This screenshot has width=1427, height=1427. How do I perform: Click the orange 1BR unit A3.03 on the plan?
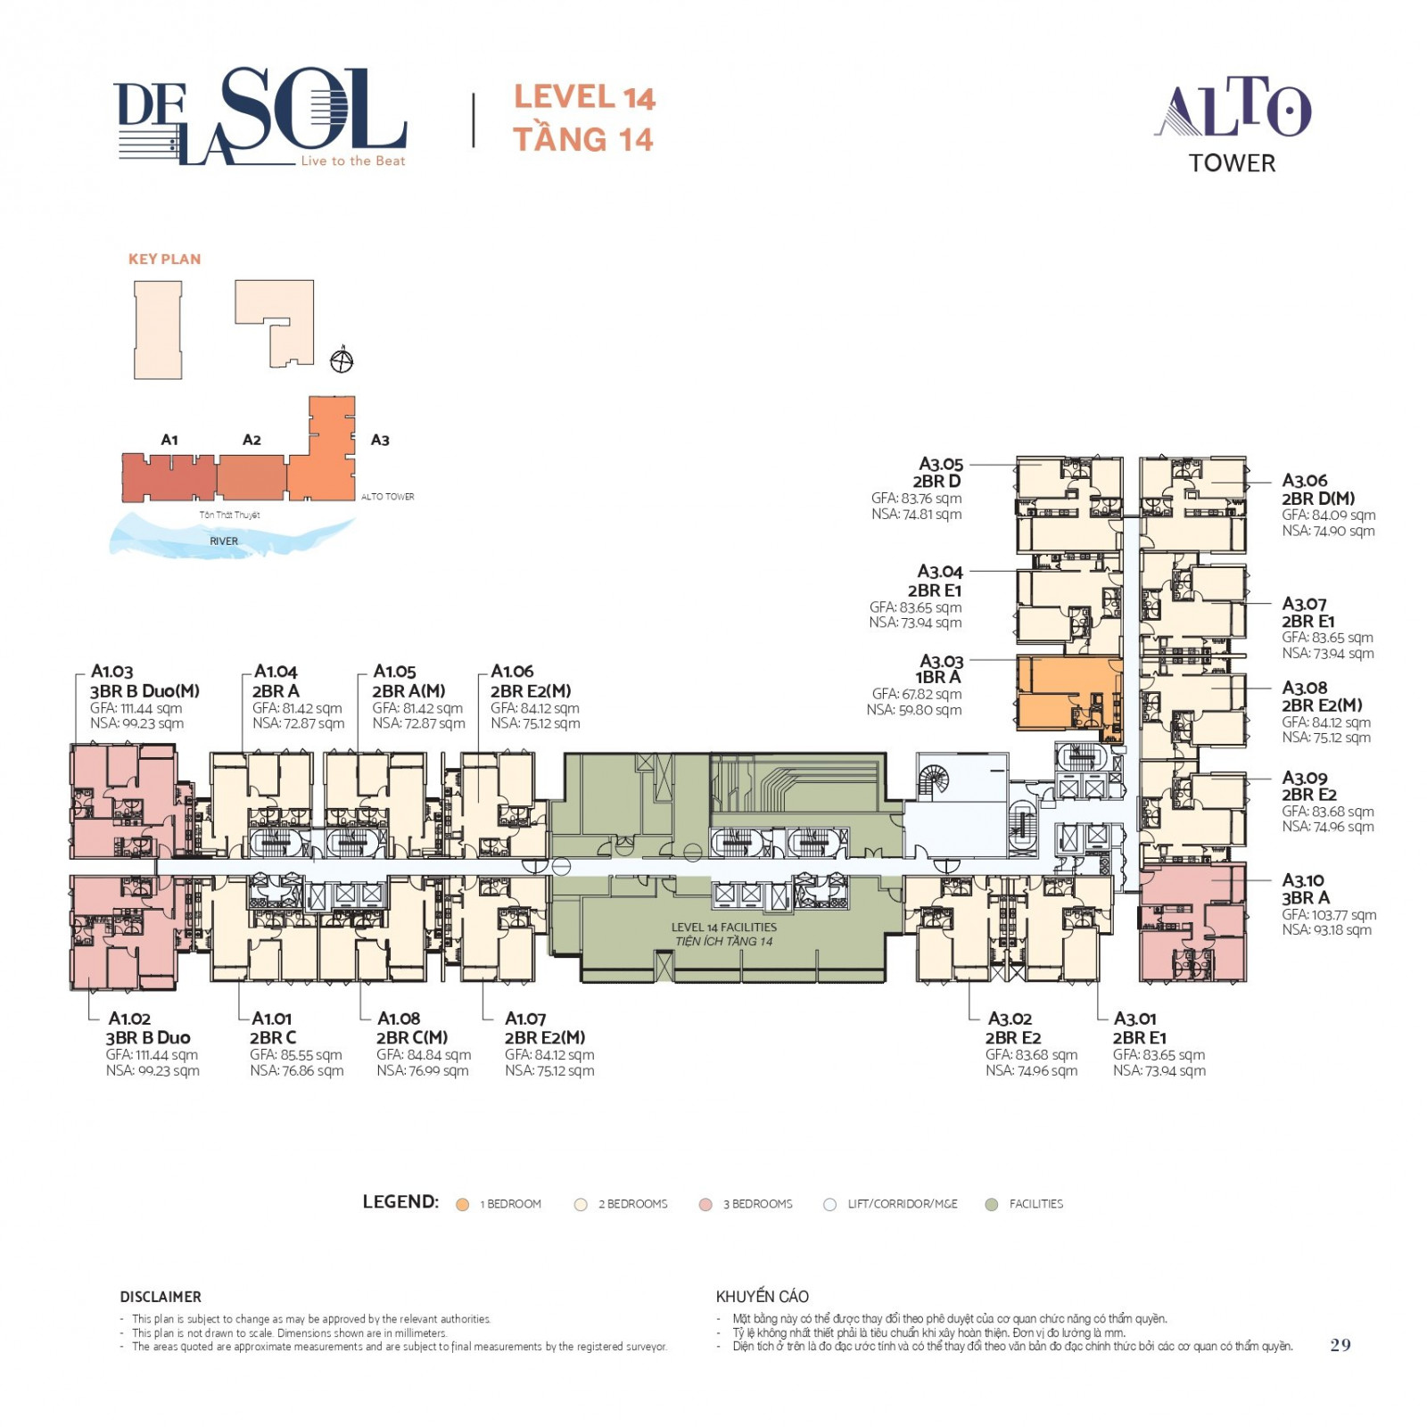[1068, 694]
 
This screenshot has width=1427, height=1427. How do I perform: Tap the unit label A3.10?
[1303, 880]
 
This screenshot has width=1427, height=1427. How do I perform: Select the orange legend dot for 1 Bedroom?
[462, 1205]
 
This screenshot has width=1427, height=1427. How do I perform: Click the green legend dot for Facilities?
[991, 1205]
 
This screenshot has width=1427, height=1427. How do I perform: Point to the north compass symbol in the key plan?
[342, 360]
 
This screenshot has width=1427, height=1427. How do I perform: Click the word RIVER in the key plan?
[224, 541]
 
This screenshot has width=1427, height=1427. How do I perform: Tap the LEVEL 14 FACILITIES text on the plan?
[724, 928]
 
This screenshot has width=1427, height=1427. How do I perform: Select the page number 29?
[1340, 1345]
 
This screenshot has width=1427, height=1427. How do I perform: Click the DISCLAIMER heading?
[161, 1297]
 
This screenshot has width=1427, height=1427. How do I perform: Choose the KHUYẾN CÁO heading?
[763, 1296]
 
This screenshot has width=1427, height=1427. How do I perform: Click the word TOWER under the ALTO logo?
[1233, 163]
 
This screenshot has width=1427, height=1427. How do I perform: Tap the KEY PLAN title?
[165, 260]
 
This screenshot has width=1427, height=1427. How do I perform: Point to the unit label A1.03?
[111, 672]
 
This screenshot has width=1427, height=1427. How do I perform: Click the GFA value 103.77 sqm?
[1329, 914]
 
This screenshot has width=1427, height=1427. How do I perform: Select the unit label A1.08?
[399, 1019]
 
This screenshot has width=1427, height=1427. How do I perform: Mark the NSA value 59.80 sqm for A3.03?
[914, 710]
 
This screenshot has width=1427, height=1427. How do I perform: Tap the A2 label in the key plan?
[252, 440]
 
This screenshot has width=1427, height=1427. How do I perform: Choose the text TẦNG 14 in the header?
[583, 139]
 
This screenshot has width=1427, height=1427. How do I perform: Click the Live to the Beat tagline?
[353, 161]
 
